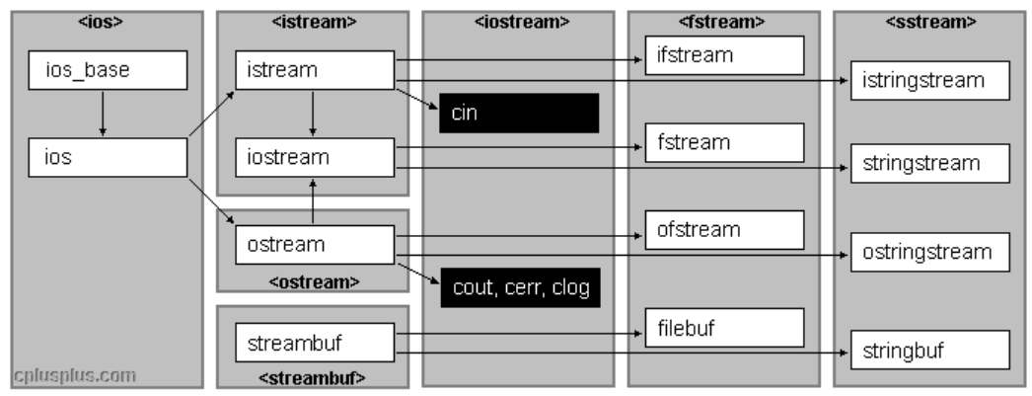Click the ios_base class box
click(102, 70)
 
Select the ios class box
click(102, 157)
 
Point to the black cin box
click(519, 114)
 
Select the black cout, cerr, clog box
click(519, 287)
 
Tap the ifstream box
click(725, 55)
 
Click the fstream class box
click(725, 142)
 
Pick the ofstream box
click(725, 230)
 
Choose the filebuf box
click(725, 327)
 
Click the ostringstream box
click(930, 254)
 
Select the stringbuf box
click(930, 350)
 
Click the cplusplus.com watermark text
click(75, 375)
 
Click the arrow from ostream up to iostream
click(313, 200)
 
